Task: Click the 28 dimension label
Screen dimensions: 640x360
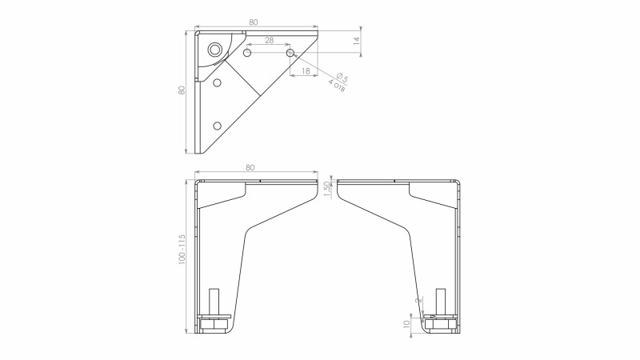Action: click(x=270, y=40)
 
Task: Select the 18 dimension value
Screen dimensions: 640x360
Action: click(x=306, y=71)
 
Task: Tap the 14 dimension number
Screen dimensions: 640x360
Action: click(x=357, y=41)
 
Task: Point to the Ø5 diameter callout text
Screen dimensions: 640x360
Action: click(x=342, y=77)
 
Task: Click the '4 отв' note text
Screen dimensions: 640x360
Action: click(x=337, y=86)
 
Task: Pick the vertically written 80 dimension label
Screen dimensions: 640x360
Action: click(x=182, y=90)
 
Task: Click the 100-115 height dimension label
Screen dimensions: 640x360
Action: click(x=182, y=249)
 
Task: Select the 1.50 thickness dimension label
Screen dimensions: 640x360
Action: click(x=326, y=189)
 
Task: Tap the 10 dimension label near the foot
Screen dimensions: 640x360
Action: click(x=406, y=324)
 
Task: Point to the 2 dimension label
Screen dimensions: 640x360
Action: click(x=418, y=301)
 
